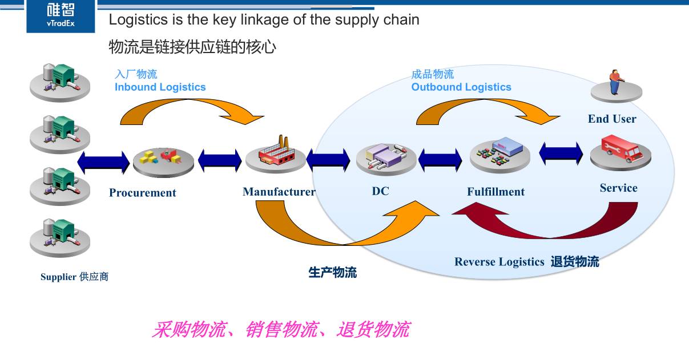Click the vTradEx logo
point(61,16)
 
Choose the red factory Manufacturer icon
point(276,151)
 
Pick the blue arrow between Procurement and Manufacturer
point(220,160)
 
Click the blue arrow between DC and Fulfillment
point(440,160)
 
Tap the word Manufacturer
point(279,192)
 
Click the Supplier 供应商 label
point(74,277)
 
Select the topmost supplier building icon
point(60,82)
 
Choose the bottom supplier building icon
point(60,238)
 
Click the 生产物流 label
point(332,272)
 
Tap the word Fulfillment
point(496,192)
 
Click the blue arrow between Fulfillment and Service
point(561,153)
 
